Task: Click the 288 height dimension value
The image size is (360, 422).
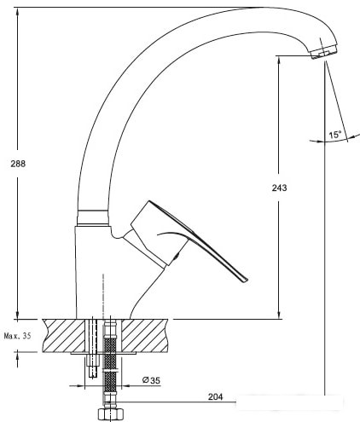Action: [x=18, y=164]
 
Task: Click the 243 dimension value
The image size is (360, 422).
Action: [x=279, y=188]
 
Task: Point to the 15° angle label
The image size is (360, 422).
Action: [x=335, y=135]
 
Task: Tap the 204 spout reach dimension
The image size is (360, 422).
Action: [x=215, y=396]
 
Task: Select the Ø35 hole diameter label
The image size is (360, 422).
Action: [x=151, y=380]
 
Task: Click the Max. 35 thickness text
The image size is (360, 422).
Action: [x=17, y=336]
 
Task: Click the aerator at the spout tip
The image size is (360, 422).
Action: [x=324, y=53]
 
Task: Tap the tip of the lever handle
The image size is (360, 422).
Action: [x=246, y=280]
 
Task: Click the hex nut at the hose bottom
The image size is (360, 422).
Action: [x=110, y=414]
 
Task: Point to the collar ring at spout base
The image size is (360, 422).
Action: [x=93, y=217]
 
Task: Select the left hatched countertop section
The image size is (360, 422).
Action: [x=64, y=336]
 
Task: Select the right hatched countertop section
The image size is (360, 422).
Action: [x=144, y=336]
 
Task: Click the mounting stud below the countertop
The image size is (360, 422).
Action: [x=93, y=366]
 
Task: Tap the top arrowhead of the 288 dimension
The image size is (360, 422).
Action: [x=18, y=12]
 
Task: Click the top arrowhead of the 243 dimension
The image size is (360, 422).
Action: [x=279, y=61]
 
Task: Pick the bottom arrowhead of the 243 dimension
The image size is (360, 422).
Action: [x=279, y=315]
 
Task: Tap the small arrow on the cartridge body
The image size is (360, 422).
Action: [x=177, y=256]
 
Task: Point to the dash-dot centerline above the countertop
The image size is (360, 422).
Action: [x=103, y=297]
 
